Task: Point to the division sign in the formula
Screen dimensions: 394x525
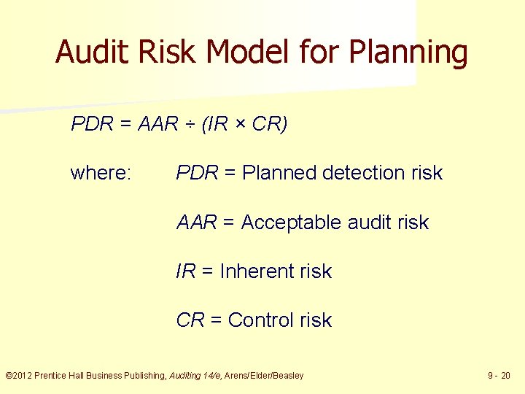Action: coord(189,125)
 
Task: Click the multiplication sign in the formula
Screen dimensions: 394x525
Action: coord(241,125)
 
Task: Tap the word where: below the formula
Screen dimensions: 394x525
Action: coord(101,173)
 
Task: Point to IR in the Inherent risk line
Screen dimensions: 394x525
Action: coord(185,271)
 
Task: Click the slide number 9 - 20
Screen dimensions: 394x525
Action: coord(499,376)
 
